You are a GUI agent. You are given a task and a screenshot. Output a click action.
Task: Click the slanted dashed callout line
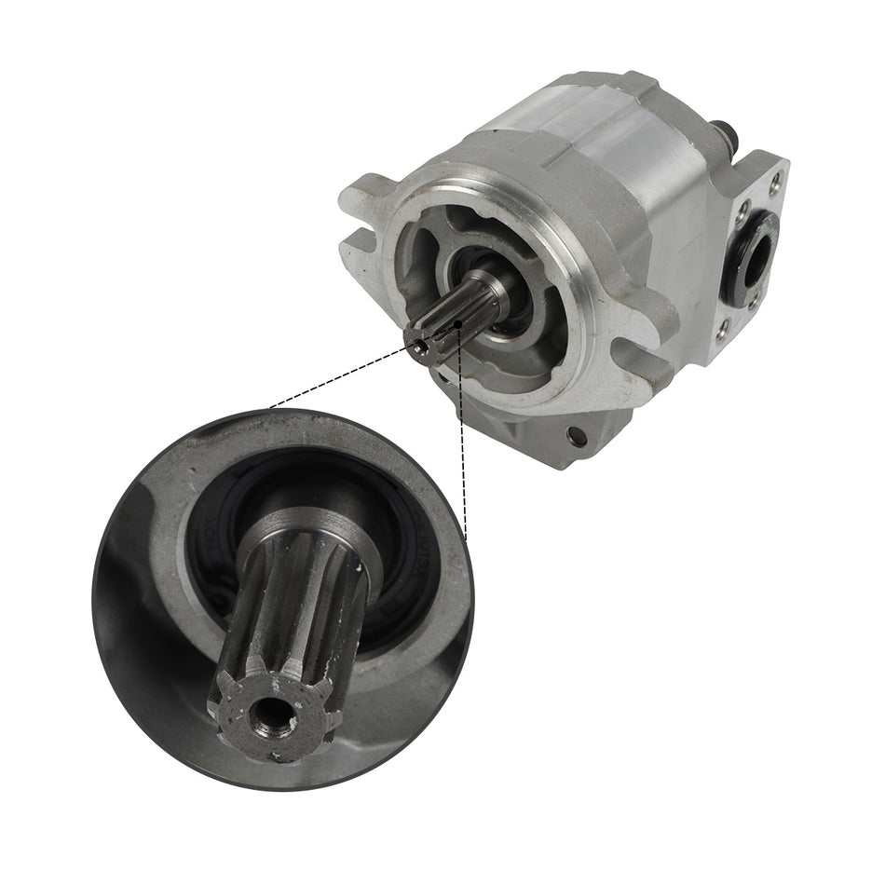point(340,376)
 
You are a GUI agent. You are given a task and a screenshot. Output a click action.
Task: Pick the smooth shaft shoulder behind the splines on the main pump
point(490,288)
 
